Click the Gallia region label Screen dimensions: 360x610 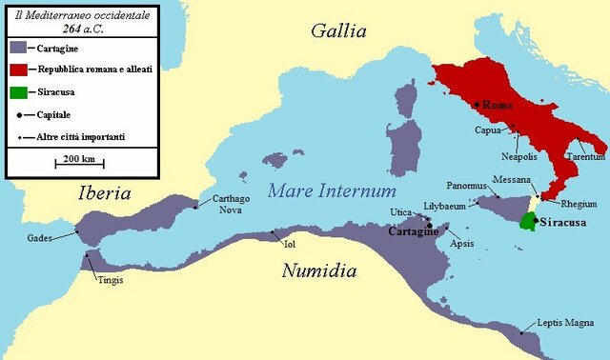(x=338, y=30)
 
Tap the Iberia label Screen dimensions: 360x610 (x=104, y=193)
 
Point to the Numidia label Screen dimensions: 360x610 (x=318, y=271)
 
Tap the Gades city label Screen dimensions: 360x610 (x=39, y=237)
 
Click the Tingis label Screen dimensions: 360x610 (x=110, y=280)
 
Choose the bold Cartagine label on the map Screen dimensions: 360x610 (x=413, y=231)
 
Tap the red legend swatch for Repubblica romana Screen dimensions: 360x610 (x=17, y=70)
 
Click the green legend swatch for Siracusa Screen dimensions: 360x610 (x=17, y=93)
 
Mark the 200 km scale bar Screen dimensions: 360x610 (x=79, y=164)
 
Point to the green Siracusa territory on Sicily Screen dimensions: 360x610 (x=527, y=221)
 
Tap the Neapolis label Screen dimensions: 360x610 (x=518, y=155)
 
